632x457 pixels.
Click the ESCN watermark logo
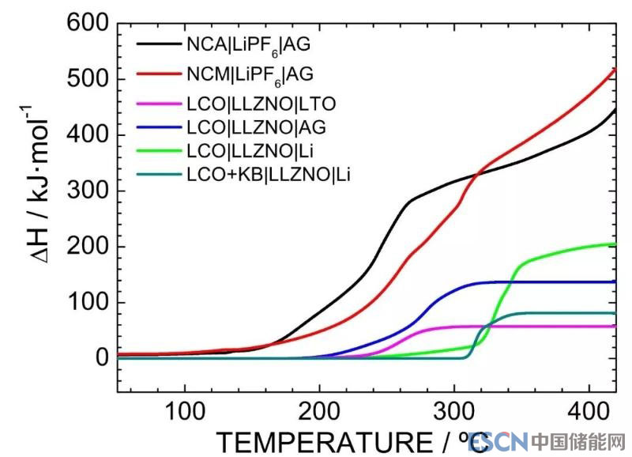pyautogui.click(x=497, y=441)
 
